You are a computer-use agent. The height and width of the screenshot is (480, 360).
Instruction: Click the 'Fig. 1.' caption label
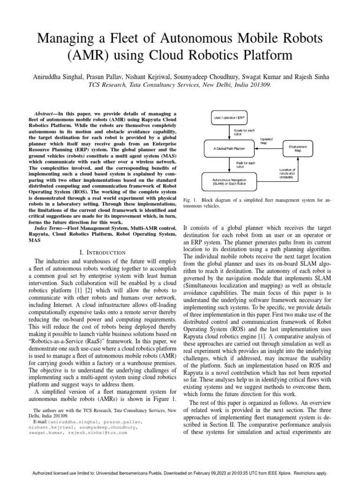tap(189, 200)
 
